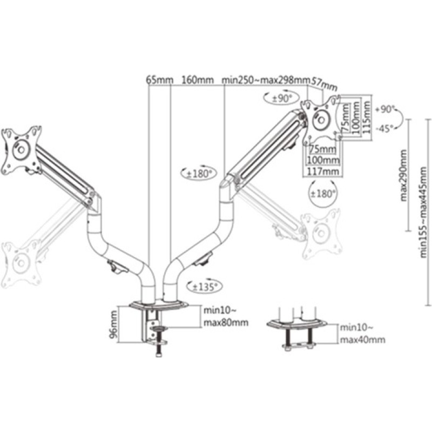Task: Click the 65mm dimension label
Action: pyautogui.click(x=159, y=80)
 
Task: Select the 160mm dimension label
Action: pyautogui.click(x=197, y=80)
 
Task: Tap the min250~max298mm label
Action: pyautogui.click(x=266, y=80)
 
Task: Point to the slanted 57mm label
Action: pyautogui.click(x=325, y=84)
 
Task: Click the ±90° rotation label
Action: pyautogui.click(x=282, y=98)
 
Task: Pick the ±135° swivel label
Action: pyautogui.click(x=204, y=287)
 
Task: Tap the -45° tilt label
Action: pyautogui.click(x=385, y=129)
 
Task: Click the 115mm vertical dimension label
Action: pyautogui.click(x=367, y=117)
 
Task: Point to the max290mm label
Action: pyautogui.click(x=403, y=175)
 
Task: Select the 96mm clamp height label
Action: pyautogui.click(x=113, y=324)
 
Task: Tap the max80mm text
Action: pyautogui.click(x=226, y=322)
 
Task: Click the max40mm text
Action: pyautogui.click(x=362, y=340)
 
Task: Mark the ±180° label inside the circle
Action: pyautogui.click(x=323, y=194)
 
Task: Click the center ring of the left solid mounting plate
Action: pyautogui.click(x=21, y=150)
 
